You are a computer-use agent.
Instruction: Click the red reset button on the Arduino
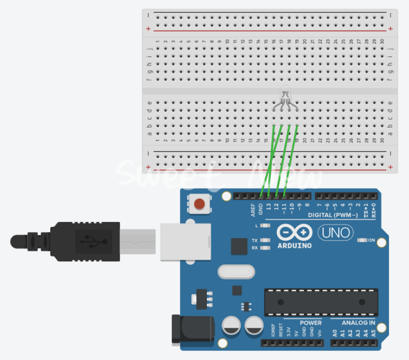click(200, 204)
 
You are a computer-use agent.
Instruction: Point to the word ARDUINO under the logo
click(294, 245)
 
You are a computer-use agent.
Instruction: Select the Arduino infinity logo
click(294, 233)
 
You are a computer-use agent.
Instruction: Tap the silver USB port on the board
click(185, 242)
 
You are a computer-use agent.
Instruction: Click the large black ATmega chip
click(321, 302)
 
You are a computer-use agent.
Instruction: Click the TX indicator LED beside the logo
click(266, 241)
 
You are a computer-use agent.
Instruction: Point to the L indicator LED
click(266, 226)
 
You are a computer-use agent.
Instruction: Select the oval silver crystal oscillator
click(235, 272)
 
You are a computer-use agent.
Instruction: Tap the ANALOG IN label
click(358, 322)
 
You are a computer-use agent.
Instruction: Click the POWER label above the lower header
click(311, 322)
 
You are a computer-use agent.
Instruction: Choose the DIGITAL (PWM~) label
click(333, 215)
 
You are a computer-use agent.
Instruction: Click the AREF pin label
click(253, 210)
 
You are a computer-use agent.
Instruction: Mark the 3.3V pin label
click(288, 333)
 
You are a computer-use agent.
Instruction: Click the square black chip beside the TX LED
click(239, 246)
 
